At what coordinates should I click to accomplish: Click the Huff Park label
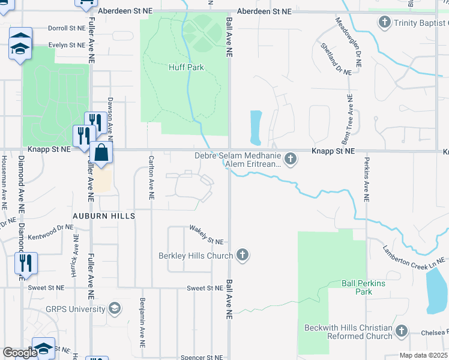coord(185,67)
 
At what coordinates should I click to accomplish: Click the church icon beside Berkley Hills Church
coord(243,256)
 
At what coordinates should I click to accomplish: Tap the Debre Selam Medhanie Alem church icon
coord(291,159)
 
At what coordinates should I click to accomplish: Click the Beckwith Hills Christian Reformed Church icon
coord(402,331)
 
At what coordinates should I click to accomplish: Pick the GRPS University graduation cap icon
coord(114,308)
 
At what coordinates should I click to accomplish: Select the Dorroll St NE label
coord(67,28)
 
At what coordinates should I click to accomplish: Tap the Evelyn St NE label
coord(67,44)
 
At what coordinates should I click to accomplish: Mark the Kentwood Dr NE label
coord(53,227)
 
